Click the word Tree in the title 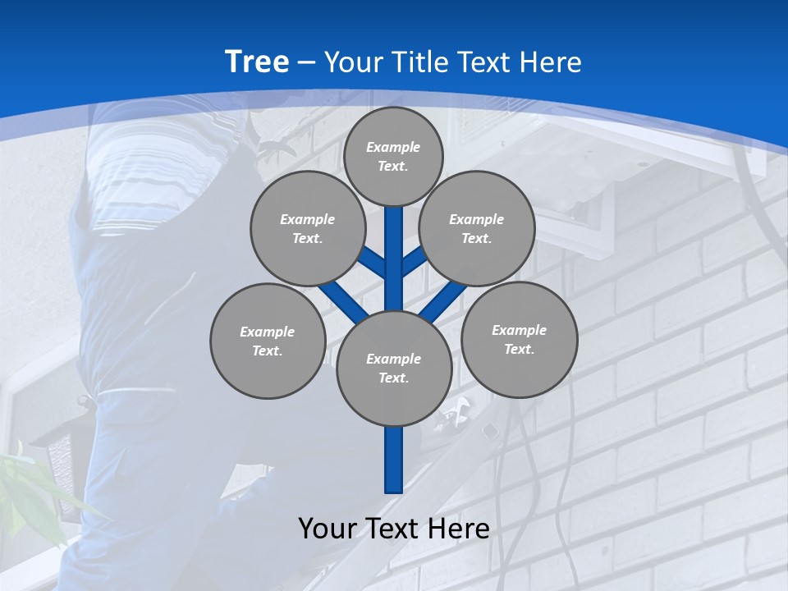tap(257, 62)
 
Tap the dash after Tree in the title tap(306, 62)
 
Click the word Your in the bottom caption tap(328, 528)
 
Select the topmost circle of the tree tap(393, 156)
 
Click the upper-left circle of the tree tap(308, 228)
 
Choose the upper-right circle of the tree tap(477, 228)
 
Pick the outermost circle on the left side tap(268, 341)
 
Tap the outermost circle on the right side tap(519, 339)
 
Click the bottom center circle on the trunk tap(394, 369)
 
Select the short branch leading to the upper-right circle tap(413, 262)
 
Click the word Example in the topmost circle tap(393, 147)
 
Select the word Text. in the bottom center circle tap(393, 378)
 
